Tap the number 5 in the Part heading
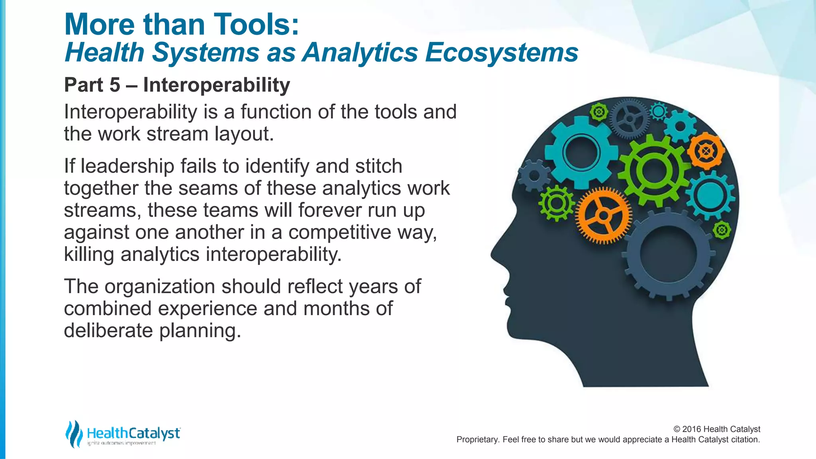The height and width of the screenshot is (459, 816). click(115, 85)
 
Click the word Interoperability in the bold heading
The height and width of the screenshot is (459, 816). click(216, 85)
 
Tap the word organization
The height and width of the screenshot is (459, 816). click(159, 286)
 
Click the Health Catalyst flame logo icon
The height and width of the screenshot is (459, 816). click(74, 433)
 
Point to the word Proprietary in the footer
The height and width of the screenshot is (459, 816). click(477, 439)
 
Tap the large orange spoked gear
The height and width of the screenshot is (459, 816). click(603, 216)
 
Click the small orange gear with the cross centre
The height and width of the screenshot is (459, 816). click(706, 151)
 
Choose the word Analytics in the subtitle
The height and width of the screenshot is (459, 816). click(360, 53)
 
